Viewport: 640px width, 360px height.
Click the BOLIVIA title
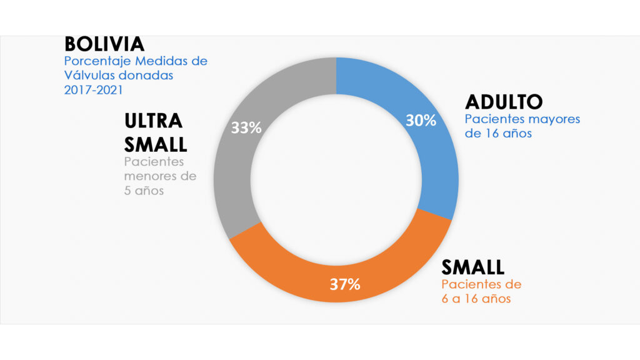click(104, 44)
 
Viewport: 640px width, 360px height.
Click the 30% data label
click(420, 121)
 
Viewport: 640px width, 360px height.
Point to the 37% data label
click(345, 284)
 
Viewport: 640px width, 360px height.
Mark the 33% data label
click(246, 128)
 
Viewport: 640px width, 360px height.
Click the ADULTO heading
click(504, 101)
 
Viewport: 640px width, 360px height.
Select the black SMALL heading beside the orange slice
click(472, 267)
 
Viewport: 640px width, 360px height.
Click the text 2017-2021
click(91, 89)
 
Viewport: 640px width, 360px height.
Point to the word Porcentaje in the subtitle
click(97, 62)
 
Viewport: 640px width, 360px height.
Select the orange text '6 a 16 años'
click(476, 299)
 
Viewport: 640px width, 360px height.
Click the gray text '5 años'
click(144, 191)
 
